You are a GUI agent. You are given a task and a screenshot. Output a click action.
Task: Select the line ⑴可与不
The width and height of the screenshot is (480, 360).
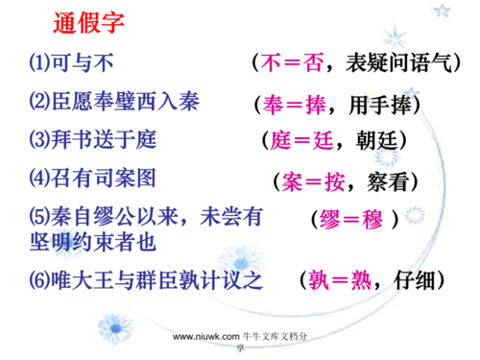click(x=71, y=63)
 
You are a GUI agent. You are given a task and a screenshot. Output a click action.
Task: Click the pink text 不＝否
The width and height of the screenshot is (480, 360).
click(x=292, y=64)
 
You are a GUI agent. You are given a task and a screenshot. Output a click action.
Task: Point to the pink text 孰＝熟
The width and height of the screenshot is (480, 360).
click(x=341, y=281)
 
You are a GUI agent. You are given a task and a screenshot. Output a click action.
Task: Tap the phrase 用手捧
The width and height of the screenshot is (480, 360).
click(x=383, y=103)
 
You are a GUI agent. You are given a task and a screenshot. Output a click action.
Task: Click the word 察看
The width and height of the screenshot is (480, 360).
click(x=385, y=180)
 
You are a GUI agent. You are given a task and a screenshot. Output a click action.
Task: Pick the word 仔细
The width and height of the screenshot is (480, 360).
click(x=413, y=281)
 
